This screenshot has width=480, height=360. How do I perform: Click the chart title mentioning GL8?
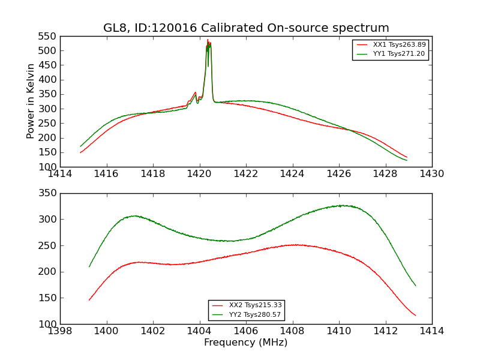pos(246,28)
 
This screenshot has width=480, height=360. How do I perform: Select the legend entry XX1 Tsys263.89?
pos(399,44)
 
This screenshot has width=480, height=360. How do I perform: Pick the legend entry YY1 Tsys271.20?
pos(399,53)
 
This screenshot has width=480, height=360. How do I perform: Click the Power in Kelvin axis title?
pos(31,101)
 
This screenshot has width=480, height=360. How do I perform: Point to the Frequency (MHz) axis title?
pos(246,343)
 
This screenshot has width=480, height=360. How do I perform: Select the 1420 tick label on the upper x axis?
pos(200,174)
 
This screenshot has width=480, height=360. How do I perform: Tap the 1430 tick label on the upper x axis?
pos(432,174)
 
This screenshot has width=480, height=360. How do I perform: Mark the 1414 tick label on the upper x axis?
pos(61,174)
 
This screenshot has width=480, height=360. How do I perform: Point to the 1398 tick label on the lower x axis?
pos(61,331)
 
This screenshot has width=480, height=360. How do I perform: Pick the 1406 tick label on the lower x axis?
pos(246,331)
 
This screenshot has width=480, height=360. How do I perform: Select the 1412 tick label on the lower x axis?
pos(385,331)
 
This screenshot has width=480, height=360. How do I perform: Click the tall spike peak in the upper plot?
pos(208,40)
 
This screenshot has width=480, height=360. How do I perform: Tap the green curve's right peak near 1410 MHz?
pos(342,205)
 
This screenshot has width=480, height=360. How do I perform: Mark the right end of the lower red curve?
pos(415,316)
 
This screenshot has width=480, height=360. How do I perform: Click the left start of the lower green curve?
pos(89,266)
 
